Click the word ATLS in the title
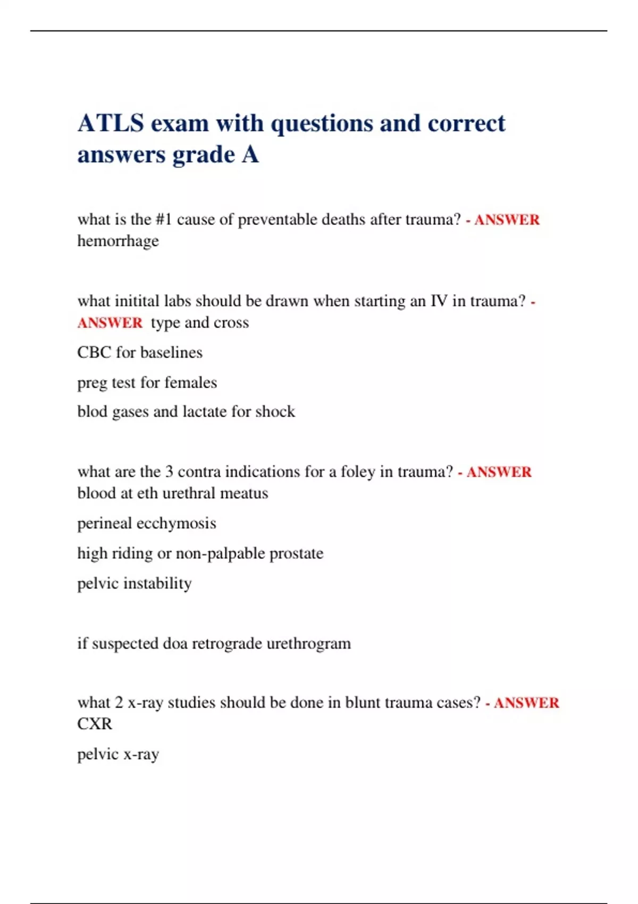(x=111, y=123)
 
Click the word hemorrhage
(x=118, y=241)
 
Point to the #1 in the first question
(x=164, y=220)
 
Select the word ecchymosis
(x=177, y=524)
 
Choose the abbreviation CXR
(x=95, y=724)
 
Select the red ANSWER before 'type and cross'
(x=110, y=323)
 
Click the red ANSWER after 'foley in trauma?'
(x=499, y=472)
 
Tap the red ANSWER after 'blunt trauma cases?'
(x=526, y=703)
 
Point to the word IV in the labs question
(x=439, y=302)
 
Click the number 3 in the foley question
(x=169, y=472)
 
